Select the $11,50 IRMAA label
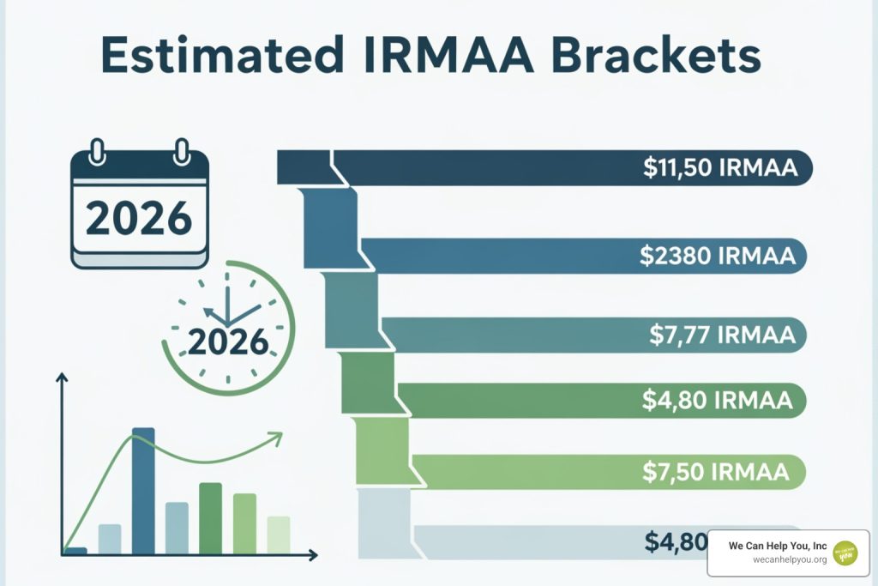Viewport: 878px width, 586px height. click(x=720, y=168)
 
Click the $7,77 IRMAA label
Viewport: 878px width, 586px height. click(x=720, y=335)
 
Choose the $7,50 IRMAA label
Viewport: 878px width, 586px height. click(x=715, y=471)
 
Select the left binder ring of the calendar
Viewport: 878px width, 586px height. click(x=98, y=152)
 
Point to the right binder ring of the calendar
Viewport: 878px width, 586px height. click(x=181, y=152)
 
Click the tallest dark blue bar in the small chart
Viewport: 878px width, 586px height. click(x=143, y=489)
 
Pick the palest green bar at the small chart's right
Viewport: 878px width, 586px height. click(x=278, y=534)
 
